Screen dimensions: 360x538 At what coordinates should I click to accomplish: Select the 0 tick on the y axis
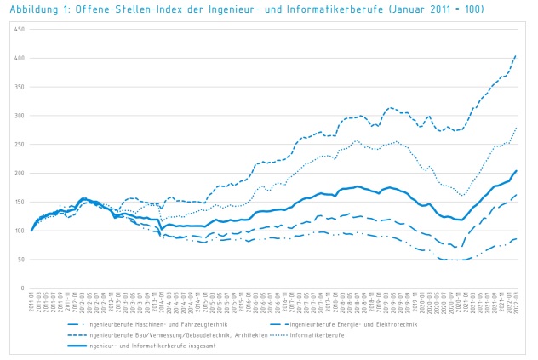(x=23, y=289)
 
